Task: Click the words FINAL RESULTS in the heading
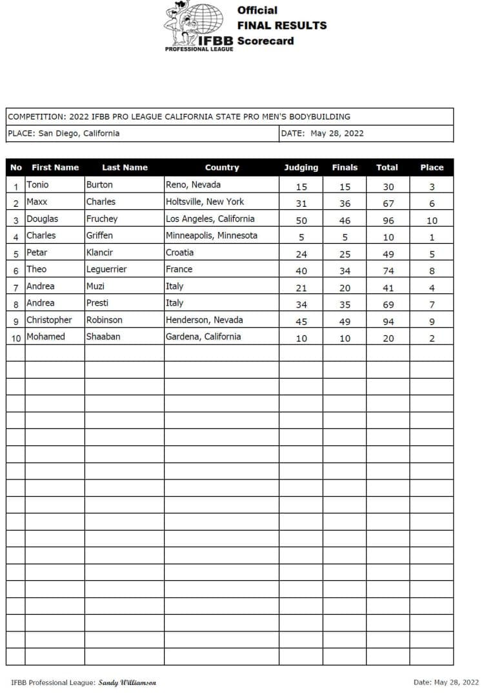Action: [282, 26]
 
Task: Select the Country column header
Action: [222, 167]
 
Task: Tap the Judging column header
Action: [301, 167]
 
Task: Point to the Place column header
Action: [432, 167]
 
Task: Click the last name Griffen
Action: [99, 236]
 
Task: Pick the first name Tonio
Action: [37, 185]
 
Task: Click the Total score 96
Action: [388, 220]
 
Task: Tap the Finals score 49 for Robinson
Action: [345, 321]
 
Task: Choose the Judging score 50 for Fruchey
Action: [301, 220]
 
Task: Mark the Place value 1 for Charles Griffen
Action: [432, 237]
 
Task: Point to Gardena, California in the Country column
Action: [203, 337]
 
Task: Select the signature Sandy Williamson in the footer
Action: [127, 682]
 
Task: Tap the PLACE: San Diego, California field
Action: [64, 134]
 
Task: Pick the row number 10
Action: [15, 338]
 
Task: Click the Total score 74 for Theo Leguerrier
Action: [388, 271]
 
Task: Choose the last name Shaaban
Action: [103, 337]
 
